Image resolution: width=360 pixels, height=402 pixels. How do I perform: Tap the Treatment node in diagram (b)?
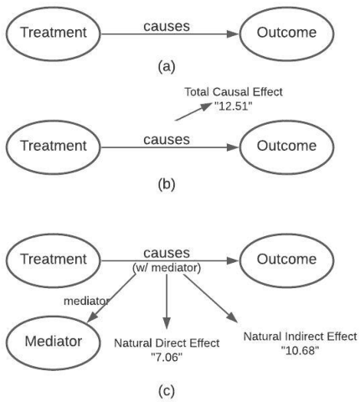click(x=55, y=145)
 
